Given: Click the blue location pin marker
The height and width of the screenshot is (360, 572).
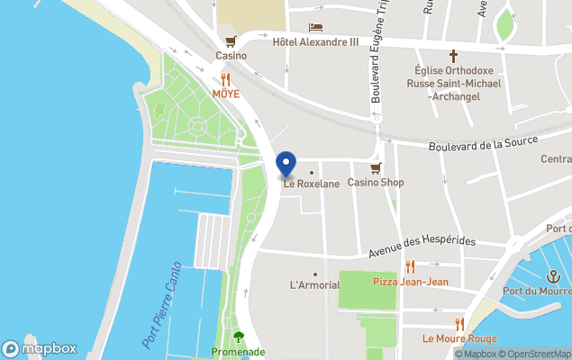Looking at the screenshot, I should [x=286, y=164].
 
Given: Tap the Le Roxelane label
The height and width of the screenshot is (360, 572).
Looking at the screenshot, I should [x=312, y=184].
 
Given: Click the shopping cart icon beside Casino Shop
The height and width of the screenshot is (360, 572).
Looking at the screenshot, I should [x=377, y=167].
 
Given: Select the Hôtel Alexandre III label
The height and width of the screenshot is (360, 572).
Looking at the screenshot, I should [x=315, y=41].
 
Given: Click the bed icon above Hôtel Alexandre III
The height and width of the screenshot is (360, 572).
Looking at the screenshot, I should [x=315, y=28].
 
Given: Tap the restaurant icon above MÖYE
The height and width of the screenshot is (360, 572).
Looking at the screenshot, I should [x=225, y=79].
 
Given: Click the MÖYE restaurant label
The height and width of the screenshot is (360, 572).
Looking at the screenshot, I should [x=225, y=94].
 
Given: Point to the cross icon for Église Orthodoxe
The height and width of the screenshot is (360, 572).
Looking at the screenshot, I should [x=454, y=55].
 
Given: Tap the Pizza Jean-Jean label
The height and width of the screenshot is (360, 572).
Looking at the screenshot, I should [x=411, y=282].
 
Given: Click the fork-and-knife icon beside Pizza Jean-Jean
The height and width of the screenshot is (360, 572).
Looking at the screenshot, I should [x=411, y=266].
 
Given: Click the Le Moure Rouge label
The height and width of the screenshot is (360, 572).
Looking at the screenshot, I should [x=459, y=339].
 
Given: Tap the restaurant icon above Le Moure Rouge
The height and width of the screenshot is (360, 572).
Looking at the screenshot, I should [x=459, y=324].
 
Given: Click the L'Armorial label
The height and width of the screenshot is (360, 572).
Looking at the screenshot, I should [x=314, y=285].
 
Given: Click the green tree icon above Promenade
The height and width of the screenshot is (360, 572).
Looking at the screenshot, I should [x=238, y=337].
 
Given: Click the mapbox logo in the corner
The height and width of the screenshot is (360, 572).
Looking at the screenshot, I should [x=40, y=348].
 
